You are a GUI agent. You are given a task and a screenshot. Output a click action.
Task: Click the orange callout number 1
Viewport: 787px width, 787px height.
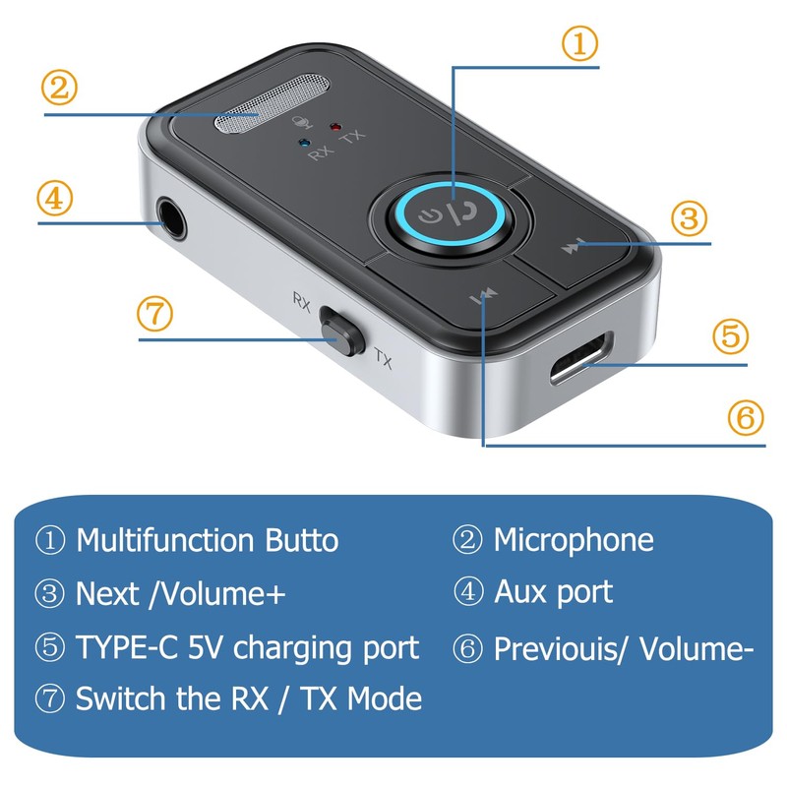click(579, 42)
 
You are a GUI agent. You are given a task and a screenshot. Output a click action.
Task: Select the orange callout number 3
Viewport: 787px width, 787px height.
click(690, 217)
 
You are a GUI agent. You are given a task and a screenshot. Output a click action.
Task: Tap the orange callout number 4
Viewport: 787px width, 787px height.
click(57, 198)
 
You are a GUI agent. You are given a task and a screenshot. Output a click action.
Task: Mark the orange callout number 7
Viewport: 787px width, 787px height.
click(155, 315)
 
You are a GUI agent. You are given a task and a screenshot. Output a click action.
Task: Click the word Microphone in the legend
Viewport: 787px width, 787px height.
click(573, 539)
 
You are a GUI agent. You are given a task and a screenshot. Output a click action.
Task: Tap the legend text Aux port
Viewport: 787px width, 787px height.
click(553, 592)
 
